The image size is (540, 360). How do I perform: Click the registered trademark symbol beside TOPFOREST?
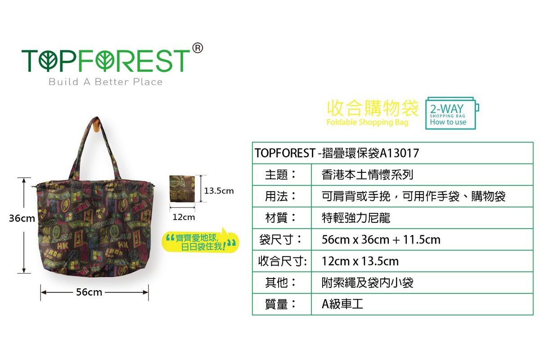(198, 48)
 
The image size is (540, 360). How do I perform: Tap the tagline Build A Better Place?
(106, 82)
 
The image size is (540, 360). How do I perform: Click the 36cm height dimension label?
(22, 218)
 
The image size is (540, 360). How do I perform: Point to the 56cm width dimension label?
(89, 292)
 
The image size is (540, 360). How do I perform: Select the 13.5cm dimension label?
(219, 191)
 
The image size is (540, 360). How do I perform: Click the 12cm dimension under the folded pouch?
(184, 217)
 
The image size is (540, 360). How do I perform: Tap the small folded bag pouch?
(182, 189)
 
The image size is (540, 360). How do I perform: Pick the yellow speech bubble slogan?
(200, 241)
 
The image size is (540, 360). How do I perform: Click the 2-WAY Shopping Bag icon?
(452, 113)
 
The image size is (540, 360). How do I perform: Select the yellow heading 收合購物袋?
(373, 108)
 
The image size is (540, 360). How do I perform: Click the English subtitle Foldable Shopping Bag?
(367, 122)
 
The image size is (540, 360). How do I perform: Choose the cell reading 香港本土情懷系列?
(367, 175)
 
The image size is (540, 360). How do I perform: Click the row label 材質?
(280, 218)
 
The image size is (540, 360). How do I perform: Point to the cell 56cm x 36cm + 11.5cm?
(381, 239)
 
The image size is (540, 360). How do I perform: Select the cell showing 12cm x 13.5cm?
(360, 261)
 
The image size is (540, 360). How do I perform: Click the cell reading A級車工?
(342, 304)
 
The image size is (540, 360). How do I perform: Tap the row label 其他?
(280, 282)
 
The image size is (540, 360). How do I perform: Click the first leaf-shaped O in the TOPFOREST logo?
(48, 60)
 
